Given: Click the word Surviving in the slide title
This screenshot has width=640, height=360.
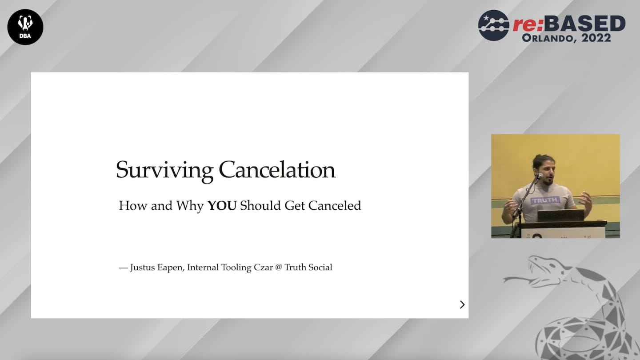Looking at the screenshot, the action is click(x=164, y=171).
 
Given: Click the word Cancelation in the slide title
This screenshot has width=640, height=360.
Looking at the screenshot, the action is click(x=277, y=170).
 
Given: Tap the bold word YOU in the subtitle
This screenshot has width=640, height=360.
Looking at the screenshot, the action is click(x=222, y=206).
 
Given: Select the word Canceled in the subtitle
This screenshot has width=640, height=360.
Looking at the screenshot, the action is click(x=335, y=206).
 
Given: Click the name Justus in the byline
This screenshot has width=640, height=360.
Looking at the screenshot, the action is click(x=143, y=268).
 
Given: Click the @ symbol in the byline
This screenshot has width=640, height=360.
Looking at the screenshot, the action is click(x=279, y=268).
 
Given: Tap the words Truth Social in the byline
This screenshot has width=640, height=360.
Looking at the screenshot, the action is click(x=308, y=268).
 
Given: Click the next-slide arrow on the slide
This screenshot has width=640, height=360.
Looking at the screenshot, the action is click(x=462, y=304).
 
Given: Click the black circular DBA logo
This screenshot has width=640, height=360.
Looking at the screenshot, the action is click(x=25, y=27).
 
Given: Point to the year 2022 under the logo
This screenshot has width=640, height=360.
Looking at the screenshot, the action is click(x=596, y=38).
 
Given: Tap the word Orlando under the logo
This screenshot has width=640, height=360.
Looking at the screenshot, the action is click(x=548, y=38).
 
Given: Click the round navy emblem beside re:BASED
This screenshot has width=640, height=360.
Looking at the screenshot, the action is click(x=493, y=25).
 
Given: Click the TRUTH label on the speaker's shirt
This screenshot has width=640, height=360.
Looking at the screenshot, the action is click(x=545, y=200).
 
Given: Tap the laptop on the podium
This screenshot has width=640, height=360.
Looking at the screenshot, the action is click(x=560, y=216).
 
